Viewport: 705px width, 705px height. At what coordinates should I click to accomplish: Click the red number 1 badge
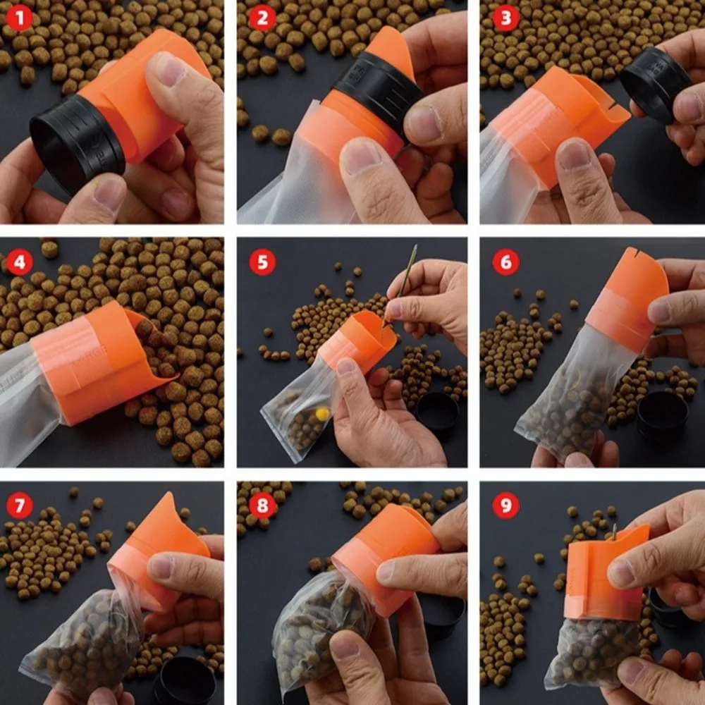point(20,18)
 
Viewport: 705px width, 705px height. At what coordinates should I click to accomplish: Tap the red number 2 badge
point(262,18)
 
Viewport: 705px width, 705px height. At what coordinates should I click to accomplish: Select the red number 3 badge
point(505,18)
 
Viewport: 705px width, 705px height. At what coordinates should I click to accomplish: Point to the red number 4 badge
point(20,262)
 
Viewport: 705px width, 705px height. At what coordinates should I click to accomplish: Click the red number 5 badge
point(262,262)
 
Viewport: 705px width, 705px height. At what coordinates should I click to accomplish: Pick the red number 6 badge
point(505,262)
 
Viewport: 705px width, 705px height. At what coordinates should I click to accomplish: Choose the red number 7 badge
point(20,505)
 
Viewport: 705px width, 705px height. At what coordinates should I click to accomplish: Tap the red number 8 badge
point(262,505)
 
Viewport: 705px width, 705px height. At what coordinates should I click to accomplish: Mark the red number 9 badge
point(505,505)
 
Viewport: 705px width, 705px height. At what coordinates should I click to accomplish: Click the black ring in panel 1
point(76,143)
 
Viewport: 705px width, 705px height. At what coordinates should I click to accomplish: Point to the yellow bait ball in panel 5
point(321,414)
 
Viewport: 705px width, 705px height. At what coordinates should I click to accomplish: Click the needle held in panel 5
point(400,283)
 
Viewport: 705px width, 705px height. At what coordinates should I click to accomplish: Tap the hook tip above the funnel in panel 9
point(614,527)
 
